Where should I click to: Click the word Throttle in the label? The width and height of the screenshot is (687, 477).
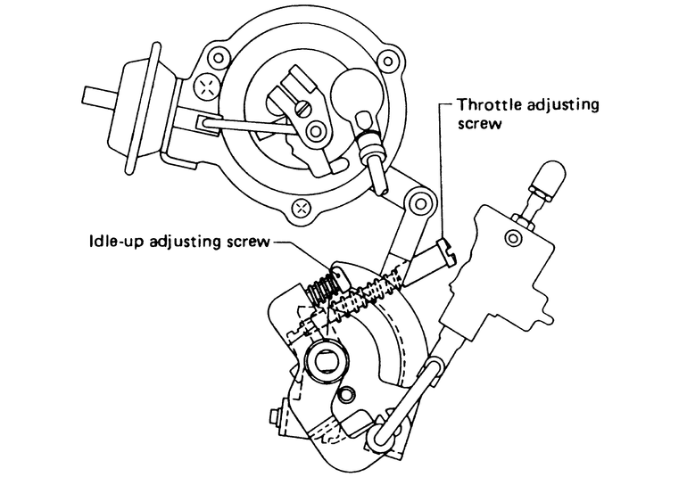click(489, 105)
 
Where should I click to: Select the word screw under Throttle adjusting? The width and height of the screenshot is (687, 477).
click(479, 125)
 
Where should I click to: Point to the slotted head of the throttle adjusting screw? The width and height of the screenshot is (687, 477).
click(446, 251)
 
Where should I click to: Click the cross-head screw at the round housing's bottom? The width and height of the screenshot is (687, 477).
click(302, 208)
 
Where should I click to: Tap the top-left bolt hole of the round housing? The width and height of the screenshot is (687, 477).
click(218, 58)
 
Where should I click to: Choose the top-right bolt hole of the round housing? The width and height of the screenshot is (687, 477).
click(386, 60)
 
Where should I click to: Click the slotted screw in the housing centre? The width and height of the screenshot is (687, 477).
click(302, 107)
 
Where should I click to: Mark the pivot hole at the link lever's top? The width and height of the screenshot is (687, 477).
click(420, 203)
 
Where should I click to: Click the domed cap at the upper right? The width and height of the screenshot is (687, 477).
click(547, 178)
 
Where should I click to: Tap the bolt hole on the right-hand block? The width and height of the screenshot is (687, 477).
click(513, 238)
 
